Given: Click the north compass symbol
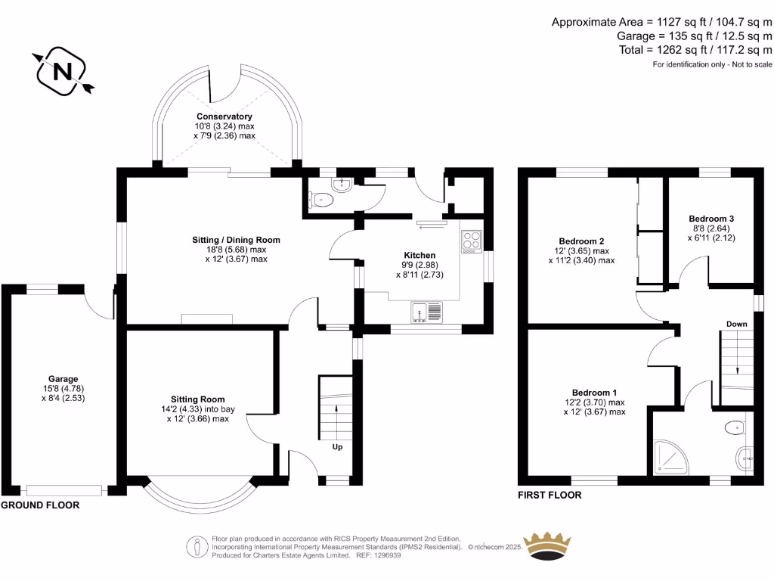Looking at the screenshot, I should coord(63,71).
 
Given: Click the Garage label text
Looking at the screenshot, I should coord(63,379).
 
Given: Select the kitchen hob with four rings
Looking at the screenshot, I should coord(471,241).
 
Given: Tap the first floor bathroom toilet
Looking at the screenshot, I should coord(734,429).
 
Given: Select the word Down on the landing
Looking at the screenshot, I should coord(736,324).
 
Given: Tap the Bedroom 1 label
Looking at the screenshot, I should coord(594,393).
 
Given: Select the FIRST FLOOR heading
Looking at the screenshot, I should coord(550,496).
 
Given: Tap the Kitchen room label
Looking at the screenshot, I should coord(420,255).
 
